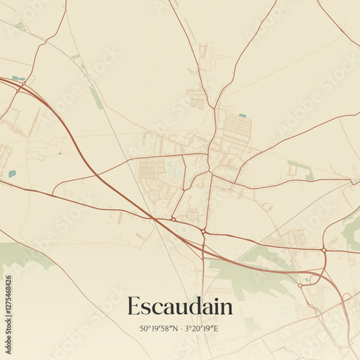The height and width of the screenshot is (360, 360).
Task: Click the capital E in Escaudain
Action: click(x=134, y=306)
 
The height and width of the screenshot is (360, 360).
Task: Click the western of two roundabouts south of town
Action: click(x=174, y=219)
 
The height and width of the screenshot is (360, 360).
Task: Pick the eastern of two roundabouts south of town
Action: click(x=204, y=232)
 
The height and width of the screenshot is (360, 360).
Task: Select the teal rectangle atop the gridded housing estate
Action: click(x=243, y=115)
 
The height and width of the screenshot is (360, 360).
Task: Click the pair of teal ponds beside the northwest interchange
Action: click(x=18, y=78)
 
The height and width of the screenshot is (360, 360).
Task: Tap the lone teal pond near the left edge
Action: click(x=12, y=174)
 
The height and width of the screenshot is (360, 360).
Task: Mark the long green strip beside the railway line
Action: click(x=96, y=98)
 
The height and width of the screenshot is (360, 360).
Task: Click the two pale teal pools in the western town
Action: click(x=174, y=170)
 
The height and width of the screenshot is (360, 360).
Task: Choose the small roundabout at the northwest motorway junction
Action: click(x=23, y=85)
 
